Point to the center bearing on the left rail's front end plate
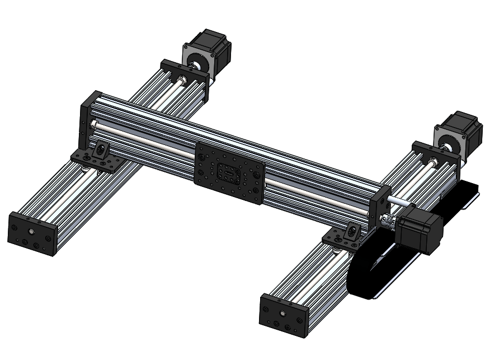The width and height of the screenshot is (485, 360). click(x=32, y=230)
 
